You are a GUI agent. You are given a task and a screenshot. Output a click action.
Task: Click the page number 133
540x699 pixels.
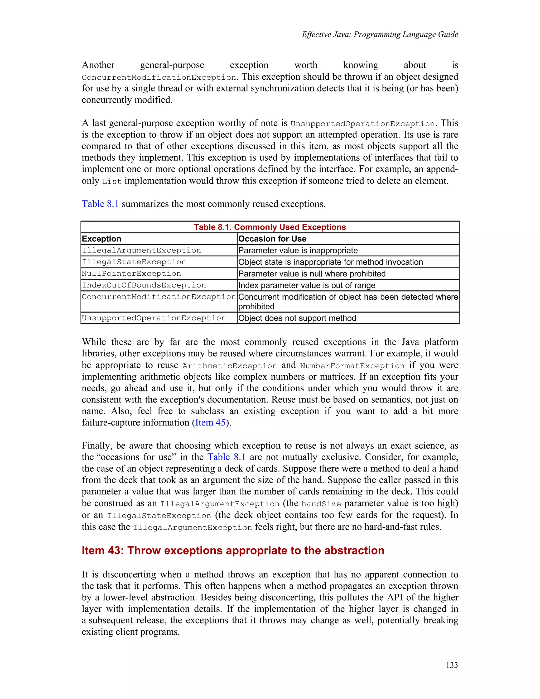(x=452, y=665)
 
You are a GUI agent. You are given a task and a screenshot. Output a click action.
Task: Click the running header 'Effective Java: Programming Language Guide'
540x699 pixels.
(x=380, y=35)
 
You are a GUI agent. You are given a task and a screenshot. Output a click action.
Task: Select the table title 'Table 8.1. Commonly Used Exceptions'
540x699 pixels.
(x=270, y=227)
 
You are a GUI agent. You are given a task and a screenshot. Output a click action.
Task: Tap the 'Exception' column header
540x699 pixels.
(x=102, y=239)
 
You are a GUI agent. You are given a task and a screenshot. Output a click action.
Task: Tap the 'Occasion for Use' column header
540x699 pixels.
(x=272, y=239)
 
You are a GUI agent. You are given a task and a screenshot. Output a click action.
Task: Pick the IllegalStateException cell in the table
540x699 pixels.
(x=134, y=262)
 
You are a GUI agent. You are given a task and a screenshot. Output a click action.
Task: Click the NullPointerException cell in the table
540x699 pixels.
(x=132, y=274)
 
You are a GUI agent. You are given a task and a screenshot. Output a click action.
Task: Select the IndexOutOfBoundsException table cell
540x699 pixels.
(x=144, y=285)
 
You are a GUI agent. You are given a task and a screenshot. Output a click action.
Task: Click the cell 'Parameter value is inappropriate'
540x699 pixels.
(x=298, y=251)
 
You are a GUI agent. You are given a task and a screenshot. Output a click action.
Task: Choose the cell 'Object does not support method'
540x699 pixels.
(x=297, y=318)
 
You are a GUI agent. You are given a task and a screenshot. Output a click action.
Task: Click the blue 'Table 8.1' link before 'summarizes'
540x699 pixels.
(x=100, y=204)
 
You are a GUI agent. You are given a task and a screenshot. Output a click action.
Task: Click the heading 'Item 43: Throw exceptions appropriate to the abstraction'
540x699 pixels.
(x=233, y=550)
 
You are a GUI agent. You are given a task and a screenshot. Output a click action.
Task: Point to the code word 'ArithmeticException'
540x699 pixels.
(x=229, y=366)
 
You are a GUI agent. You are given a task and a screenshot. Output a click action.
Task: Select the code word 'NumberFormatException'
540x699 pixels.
(x=352, y=366)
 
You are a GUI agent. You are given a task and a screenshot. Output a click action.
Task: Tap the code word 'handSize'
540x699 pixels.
(x=321, y=504)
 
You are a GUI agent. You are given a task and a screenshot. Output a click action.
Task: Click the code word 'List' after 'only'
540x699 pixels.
(x=112, y=181)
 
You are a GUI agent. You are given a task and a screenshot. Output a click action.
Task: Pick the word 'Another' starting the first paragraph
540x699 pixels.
(x=98, y=65)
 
